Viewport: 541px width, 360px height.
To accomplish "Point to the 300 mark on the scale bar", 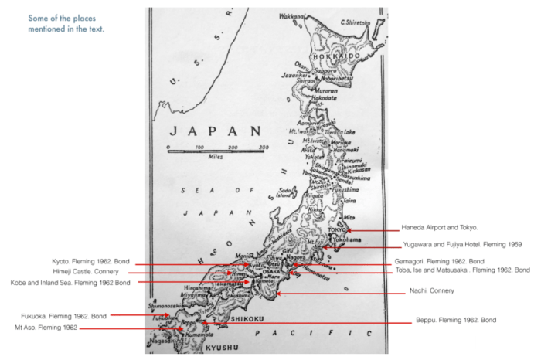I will coord(264,146).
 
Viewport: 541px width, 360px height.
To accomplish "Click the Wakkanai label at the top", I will coord(292,15).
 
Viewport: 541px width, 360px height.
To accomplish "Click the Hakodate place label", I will coord(324,99).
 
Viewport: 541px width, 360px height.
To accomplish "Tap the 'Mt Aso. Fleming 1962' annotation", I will coord(47,328).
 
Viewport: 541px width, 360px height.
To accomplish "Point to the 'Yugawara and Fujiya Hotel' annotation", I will coord(461,244).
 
